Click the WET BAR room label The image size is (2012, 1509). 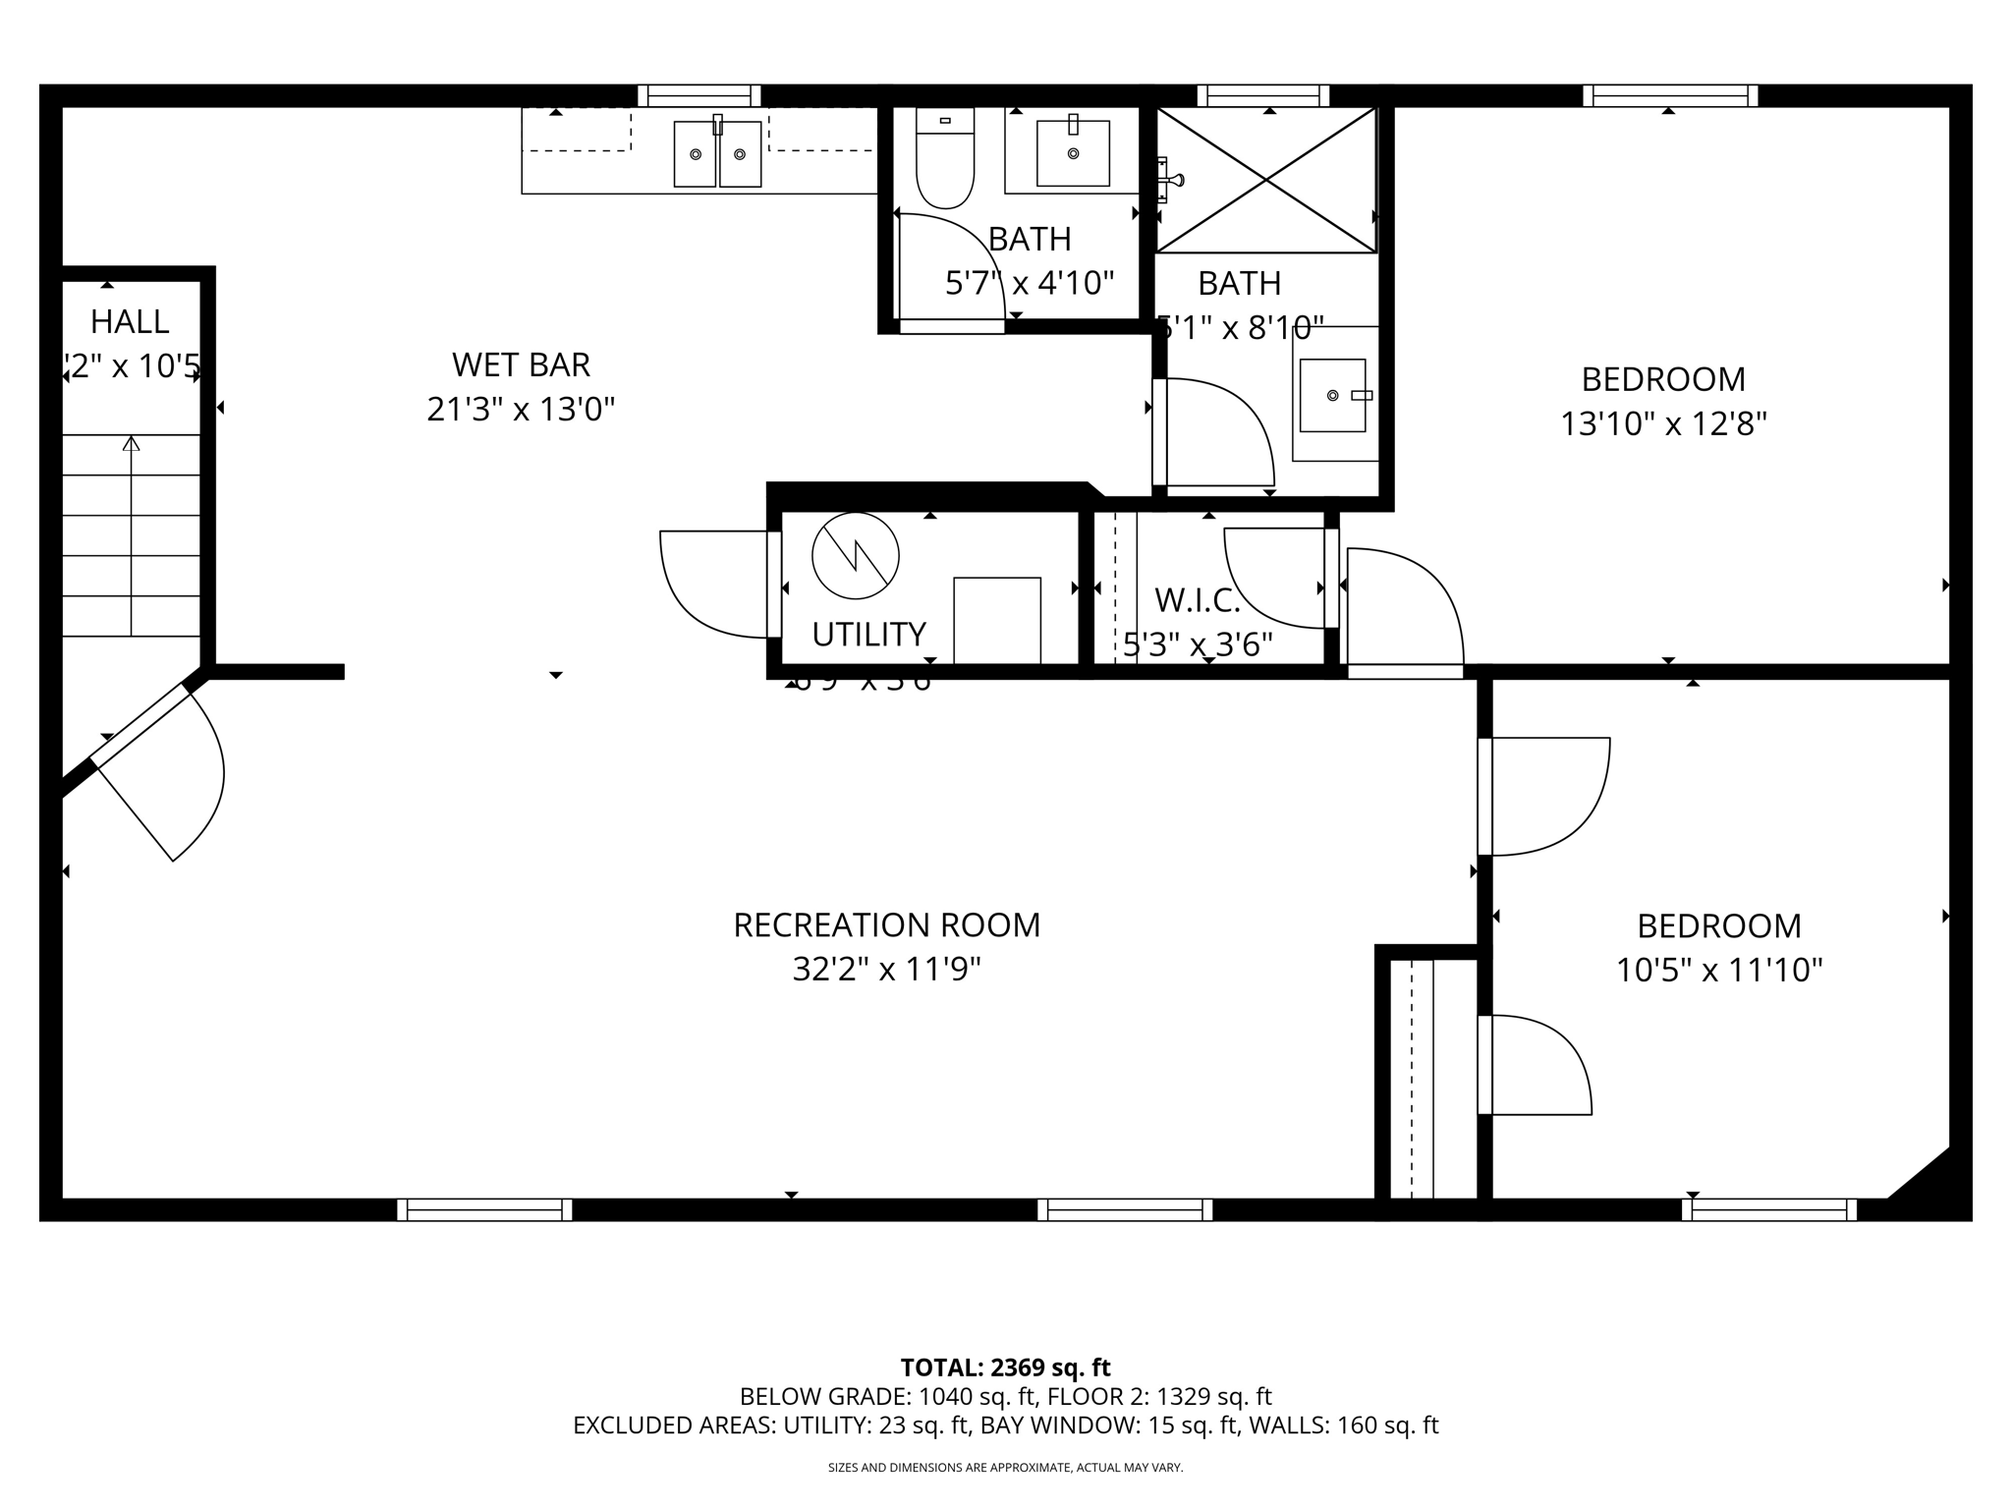(x=521, y=365)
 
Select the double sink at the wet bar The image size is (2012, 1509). (x=717, y=154)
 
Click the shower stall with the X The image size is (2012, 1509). (x=1266, y=180)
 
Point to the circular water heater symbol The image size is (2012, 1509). (x=856, y=556)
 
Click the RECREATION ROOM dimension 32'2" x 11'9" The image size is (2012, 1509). (x=886, y=971)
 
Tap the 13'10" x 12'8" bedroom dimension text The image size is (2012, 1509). (x=1663, y=424)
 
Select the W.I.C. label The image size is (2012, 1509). (x=1197, y=599)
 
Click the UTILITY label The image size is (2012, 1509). (x=868, y=635)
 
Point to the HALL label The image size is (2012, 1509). (x=130, y=321)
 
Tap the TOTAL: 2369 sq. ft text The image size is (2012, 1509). (x=1005, y=1368)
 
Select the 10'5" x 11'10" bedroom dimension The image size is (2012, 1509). (x=1718, y=971)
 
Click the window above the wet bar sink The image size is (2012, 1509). (x=699, y=95)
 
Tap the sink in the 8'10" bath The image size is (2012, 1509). (x=1333, y=395)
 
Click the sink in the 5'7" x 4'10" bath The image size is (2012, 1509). (x=1073, y=153)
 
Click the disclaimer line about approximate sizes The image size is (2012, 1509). (x=1005, y=1468)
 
